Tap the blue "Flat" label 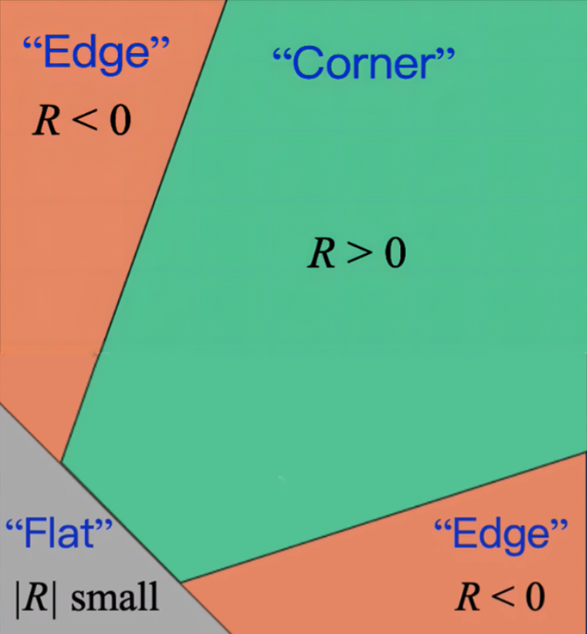59,533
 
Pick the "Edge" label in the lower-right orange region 500,534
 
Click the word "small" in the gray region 115,598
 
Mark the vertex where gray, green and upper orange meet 61,462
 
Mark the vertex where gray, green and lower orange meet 181,582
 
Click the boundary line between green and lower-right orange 385,517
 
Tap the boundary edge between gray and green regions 120,521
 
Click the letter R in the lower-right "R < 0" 472,596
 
